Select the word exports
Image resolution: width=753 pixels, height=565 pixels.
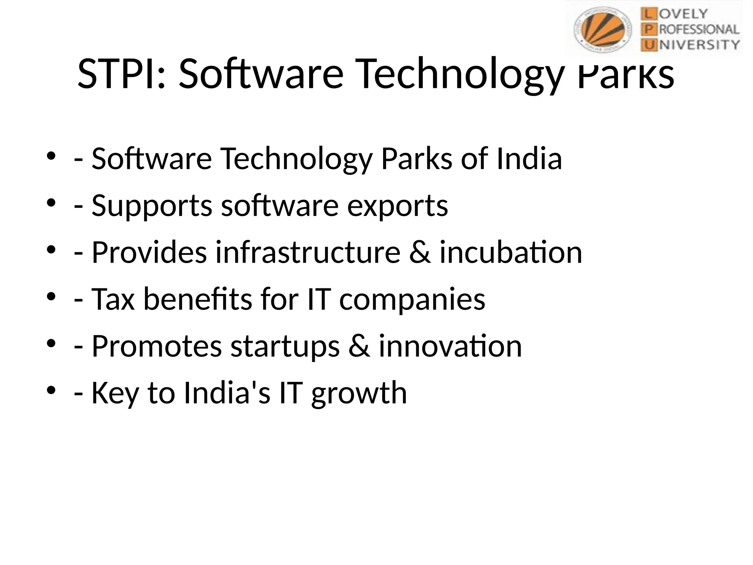click(397, 206)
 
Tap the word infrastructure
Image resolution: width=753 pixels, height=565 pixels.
click(308, 252)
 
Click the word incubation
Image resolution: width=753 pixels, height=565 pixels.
click(511, 252)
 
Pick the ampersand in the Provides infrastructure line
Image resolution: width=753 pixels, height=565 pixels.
click(420, 252)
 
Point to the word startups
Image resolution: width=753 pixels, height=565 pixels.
click(285, 347)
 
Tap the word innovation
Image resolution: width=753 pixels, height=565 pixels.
click(450, 346)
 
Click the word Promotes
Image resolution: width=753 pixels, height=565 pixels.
click(157, 346)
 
